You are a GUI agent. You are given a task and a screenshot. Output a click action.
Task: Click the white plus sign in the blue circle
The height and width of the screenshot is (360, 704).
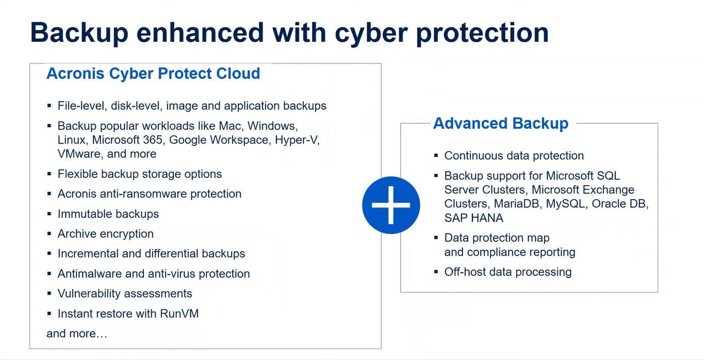391,205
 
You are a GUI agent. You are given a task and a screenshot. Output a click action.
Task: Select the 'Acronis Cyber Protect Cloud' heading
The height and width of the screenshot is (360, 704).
153,74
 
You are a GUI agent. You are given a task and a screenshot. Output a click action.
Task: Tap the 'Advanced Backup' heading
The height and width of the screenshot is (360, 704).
501,124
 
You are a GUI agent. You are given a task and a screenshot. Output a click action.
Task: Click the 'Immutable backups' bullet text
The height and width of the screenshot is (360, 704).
108,214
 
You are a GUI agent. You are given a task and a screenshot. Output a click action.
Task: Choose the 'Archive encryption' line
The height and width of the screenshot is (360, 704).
106,234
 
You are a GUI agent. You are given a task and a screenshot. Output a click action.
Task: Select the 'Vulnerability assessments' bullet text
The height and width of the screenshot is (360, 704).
125,293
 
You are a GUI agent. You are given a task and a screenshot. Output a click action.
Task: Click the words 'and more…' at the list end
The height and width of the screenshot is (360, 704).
77,334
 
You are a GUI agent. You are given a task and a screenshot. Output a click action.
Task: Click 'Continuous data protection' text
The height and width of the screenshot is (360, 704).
514,156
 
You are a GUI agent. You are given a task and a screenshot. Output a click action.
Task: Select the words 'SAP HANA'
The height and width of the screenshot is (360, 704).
474,218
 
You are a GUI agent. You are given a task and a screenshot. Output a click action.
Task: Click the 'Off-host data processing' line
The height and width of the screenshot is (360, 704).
508,272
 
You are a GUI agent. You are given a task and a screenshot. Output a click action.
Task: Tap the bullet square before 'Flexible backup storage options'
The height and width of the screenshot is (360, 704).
50,174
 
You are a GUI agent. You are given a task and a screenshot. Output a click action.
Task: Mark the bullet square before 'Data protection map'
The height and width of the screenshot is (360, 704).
436,238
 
